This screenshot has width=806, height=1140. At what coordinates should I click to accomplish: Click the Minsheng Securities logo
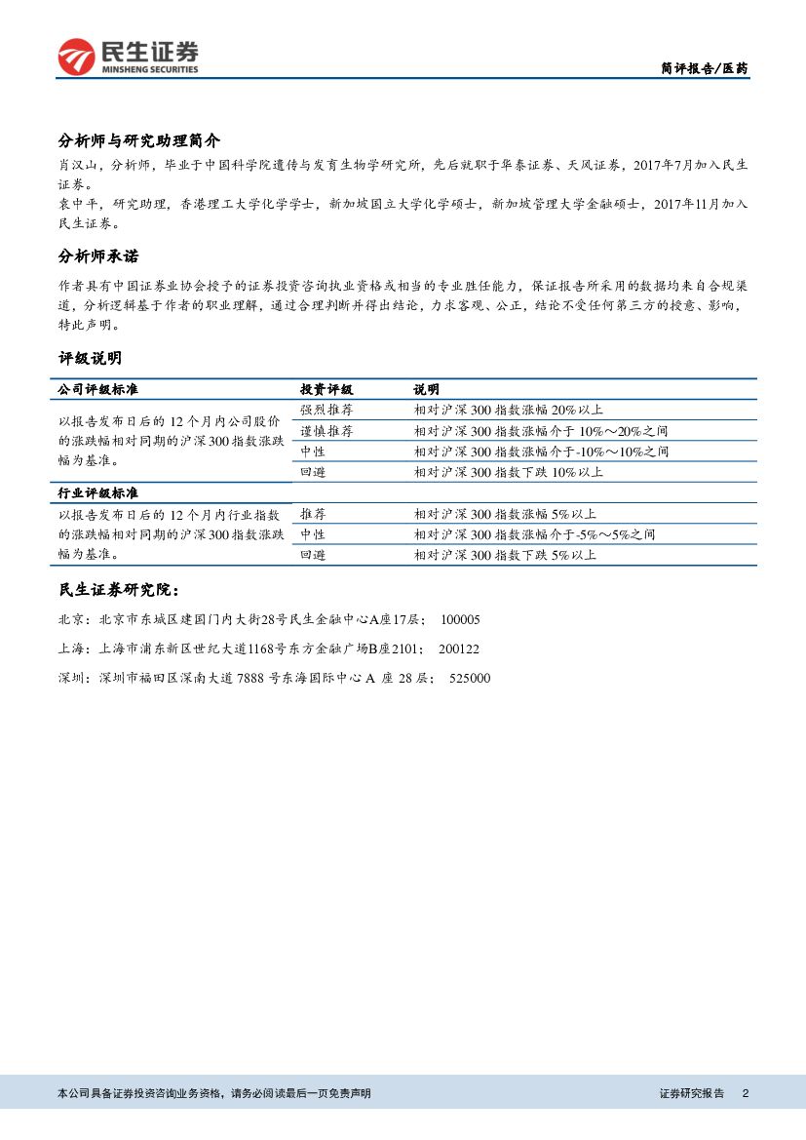[128, 57]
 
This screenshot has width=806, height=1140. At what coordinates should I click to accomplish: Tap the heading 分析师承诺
[98, 256]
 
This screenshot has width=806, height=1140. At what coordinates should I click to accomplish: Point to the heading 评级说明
[91, 358]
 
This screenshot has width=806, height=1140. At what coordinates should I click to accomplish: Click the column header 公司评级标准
[97, 389]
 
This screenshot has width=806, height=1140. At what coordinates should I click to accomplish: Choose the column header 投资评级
[326, 389]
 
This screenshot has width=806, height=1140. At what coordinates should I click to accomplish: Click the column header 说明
[426, 389]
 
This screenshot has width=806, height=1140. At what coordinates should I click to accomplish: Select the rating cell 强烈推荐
[326, 410]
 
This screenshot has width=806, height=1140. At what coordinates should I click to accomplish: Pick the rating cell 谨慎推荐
[326, 431]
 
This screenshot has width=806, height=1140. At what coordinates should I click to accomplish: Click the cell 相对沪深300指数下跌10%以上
[509, 472]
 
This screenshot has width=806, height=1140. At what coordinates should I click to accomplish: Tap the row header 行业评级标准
[97, 493]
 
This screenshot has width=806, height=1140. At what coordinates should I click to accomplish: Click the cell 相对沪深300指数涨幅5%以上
[505, 514]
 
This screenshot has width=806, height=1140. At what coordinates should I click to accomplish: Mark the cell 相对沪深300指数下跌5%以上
[505, 555]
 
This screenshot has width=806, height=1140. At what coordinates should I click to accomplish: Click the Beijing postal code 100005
[460, 619]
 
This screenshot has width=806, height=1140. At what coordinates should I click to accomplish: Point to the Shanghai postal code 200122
[458, 649]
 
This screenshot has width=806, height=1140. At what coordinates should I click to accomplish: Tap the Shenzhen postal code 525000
[470, 678]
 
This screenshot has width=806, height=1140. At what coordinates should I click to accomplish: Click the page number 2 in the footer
[745, 1093]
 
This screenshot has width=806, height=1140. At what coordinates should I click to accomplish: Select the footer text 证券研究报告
[692, 1093]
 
